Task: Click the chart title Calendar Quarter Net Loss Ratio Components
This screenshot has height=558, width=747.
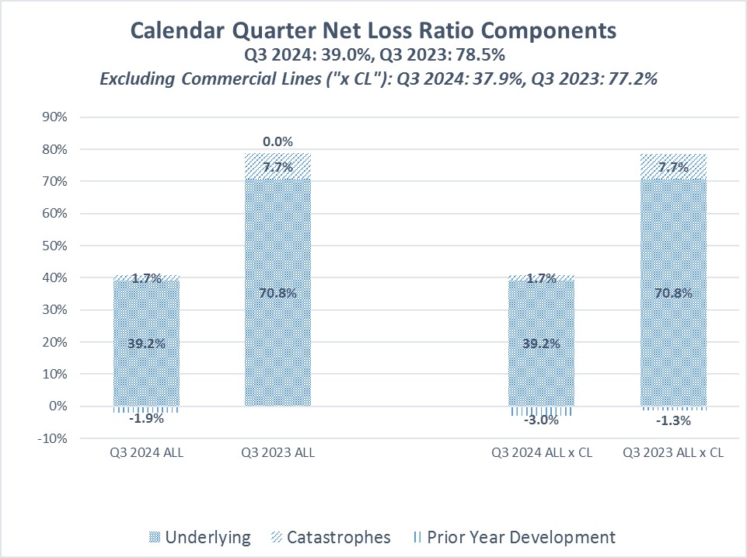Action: click(373, 30)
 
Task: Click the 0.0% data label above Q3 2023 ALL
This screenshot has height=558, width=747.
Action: click(278, 141)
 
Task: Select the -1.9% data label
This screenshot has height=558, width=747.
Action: click(146, 419)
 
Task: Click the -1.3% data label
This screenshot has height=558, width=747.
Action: click(673, 420)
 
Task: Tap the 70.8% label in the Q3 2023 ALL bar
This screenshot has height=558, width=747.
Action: click(278, 293)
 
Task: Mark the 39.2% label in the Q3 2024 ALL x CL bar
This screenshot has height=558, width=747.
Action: click(541, 342)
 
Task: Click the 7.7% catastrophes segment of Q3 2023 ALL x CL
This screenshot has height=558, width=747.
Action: click(673, 166)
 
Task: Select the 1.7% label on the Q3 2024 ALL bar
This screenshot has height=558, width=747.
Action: click(146, 278)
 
